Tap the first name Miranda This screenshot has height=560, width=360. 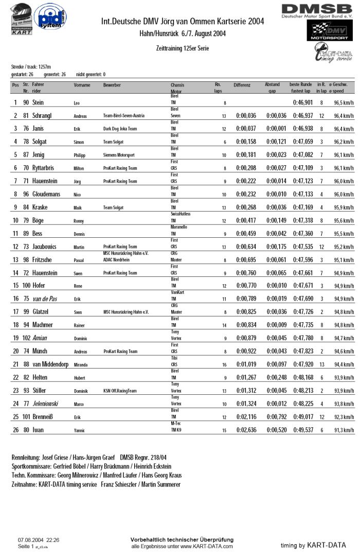pyautogui.click(x=82, y=377)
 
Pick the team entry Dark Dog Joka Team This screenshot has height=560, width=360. pyautogui.click(x=122, y=129)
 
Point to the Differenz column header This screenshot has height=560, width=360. pyautogui.click(x=242, y=84)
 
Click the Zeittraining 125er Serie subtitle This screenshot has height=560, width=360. pyautogui.click(x=179, y=48)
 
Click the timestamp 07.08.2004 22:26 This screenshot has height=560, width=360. pyautogui.click(x=39, y=540)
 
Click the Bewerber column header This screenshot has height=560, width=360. pyautogui.click(x=112, y=84)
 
